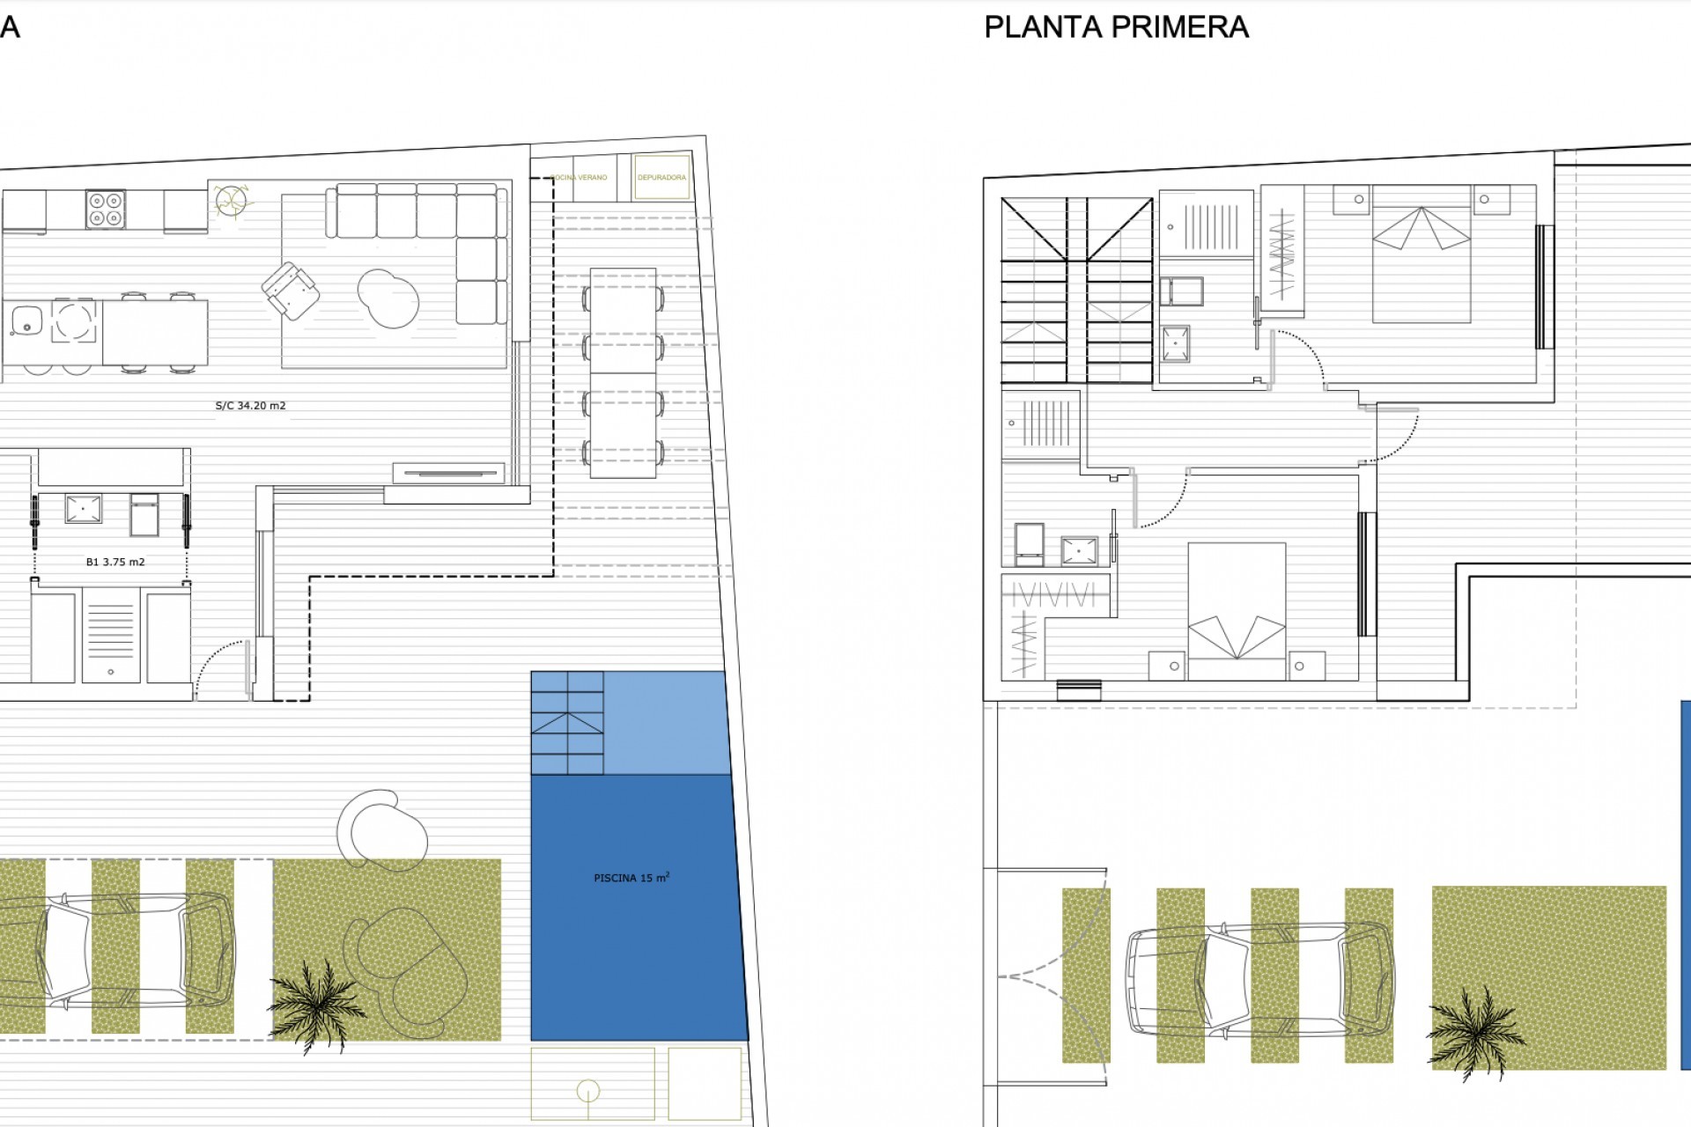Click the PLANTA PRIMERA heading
point(1116,27)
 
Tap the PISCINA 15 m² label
point(631,878)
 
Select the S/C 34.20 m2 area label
point(250,406)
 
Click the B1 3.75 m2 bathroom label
point(115,562)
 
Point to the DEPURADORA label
point(661,177)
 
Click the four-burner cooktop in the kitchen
point(106,209)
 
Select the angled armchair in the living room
point(290,290)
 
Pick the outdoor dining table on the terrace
point(623,372)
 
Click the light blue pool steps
point(567,723)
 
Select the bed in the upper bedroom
point(1421,254)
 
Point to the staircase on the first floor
point(1077,291)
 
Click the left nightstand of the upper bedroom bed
point(1350,199)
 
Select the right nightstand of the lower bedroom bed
point(1307,666)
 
